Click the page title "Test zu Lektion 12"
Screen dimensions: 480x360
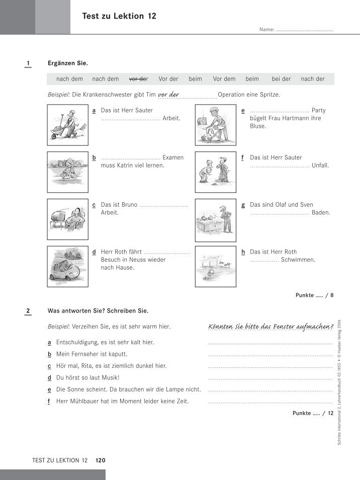(119, 17)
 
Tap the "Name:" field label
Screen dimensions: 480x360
(266, 30)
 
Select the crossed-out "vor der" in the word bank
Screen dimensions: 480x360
(138, 79)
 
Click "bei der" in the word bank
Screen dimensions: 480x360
(281, 79)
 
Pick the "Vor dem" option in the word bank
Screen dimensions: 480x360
(224, 79)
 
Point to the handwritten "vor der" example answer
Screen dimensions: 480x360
(169, 94)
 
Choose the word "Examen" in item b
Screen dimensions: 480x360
(173, 157)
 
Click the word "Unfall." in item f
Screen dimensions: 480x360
(320, 166)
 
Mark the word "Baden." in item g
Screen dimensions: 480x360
(321, 213)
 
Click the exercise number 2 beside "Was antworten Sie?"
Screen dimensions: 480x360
(28, 311)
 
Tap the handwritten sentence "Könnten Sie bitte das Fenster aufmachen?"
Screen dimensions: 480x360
(271, 327)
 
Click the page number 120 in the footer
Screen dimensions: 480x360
(100, 460)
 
